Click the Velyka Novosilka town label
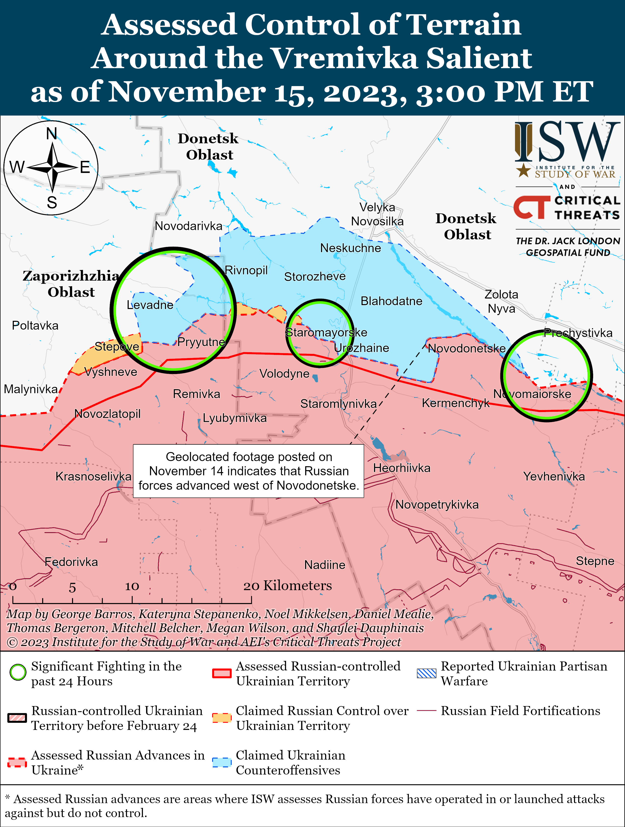(x=377, y=214)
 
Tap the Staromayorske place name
(x=326, y=332)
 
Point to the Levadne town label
(x=150, y=305)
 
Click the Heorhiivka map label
(x=402, y=468)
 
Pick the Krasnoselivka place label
(x=93, y=476)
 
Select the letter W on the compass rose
(x=17, y=167)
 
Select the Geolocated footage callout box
(x=249, y=471)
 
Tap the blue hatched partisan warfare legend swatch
(x=426, y=673)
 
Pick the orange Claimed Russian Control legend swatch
(x=222, y=718)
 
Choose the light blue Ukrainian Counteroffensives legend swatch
(x=222, y=762)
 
